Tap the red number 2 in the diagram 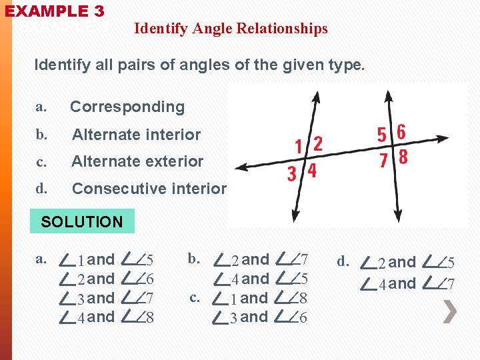(318, 143)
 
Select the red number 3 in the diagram (292, 175)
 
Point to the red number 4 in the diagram (311, 172)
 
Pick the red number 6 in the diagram (401, 132)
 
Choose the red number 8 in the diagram (403, 159)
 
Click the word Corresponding (127, 107)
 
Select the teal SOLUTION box (82, 221)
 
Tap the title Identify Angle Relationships (231, 29)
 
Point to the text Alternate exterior (137, 161)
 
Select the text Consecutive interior (149, 189)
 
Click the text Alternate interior (136, 135)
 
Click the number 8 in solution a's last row (150, 318)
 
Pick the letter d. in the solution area (343, 261)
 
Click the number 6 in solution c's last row (303, 318)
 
